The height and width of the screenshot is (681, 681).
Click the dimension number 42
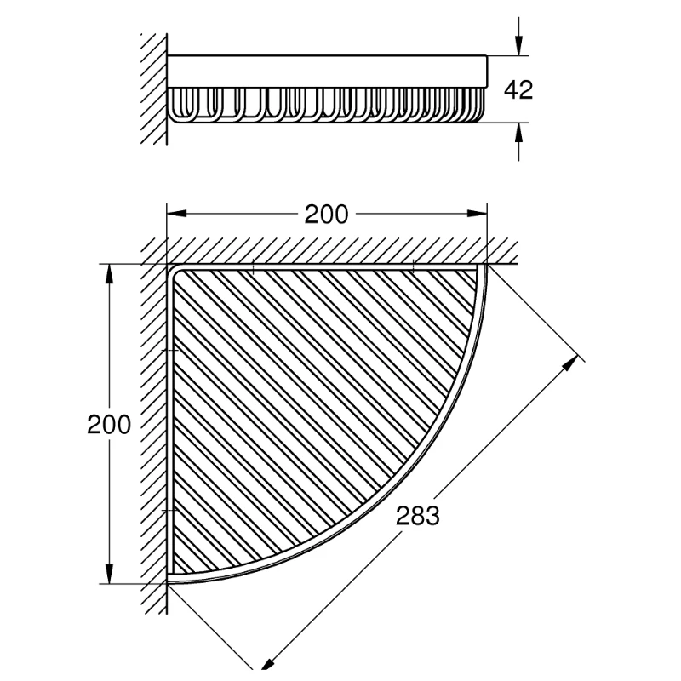pyautogui.click(x=518, y=90)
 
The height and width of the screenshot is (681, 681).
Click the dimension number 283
pyautogui.click(x=417, y=517)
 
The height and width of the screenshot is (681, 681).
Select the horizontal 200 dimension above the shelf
pyautogui.click(x=326, y=215)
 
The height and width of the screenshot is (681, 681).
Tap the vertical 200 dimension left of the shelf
pyautogui.click(x=109, y=425)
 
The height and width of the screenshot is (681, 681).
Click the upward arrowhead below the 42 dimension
pyautogui.click(x=518, y=133)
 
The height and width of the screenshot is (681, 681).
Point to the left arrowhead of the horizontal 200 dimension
pyautogui.click(x=177, y=214)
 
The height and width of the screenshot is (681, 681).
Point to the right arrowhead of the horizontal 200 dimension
pyautogui.click(x=477, y=214)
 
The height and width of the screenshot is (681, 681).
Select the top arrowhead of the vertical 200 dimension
pyautogui.click(x=109, y=274)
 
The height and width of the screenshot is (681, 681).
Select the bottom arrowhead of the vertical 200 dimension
pyautogui.click(x=109, y=573)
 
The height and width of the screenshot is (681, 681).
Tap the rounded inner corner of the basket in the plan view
pyautogui.click(x=177, y=274)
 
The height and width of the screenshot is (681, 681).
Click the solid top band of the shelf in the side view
pyautogui.click(x=327, y=72)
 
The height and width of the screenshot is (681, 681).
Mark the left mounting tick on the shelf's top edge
pyautogui.click(x=253, y=266)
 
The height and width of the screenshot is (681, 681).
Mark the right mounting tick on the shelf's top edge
pyautogui.click(x=413, y=266)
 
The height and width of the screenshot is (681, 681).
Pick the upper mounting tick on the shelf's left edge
pyautogui.click(x=169, y=350)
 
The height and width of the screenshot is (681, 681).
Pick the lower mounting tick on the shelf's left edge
pyautogui.click(x=169, y=510)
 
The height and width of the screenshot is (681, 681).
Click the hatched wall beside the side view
pyautogui.click(x=154, y=89)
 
